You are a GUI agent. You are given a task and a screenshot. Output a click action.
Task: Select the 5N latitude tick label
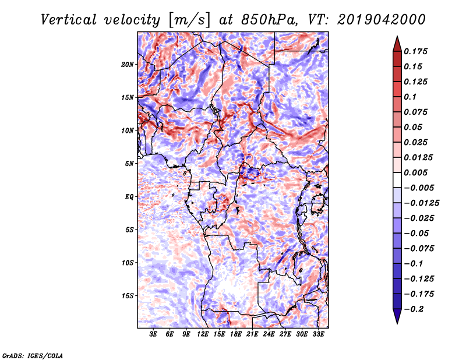pos(130,164)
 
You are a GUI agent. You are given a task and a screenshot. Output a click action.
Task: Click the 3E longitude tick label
pos(154,334)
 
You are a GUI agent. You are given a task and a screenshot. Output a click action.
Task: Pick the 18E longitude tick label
pos(236,334)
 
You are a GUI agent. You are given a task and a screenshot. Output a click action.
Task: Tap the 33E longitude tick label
pos(318,334)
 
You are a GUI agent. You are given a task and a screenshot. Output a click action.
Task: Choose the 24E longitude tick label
pos(269,334)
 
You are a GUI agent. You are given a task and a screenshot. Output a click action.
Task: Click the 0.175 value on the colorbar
pos(416,51)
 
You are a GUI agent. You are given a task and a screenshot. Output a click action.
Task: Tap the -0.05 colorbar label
pos(416,233)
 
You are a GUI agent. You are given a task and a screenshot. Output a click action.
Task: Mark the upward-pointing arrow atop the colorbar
pos(397,42)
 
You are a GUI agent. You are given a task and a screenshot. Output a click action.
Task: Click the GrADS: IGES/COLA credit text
pos(32,355)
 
